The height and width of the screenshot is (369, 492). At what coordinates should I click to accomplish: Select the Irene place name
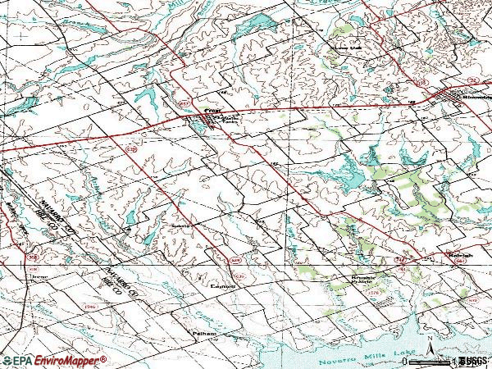[38, 277]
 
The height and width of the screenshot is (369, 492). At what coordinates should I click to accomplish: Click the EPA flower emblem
[7, 360]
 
